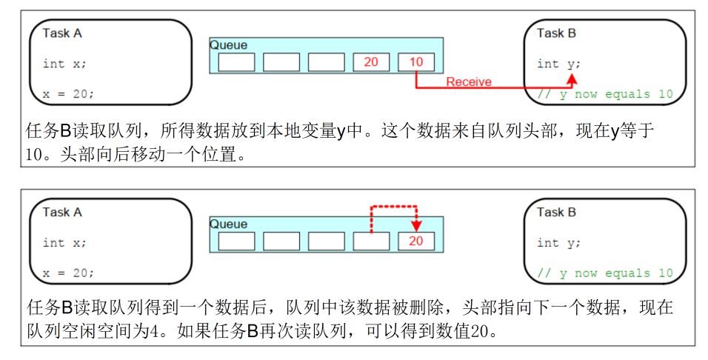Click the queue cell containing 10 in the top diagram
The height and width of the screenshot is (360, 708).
point(415,62)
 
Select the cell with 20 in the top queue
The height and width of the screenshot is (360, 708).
point(371,62)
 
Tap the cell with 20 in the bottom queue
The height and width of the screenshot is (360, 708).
point(415,241)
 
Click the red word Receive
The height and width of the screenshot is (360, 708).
point(468,81)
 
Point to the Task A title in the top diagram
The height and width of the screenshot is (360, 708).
point(61,33)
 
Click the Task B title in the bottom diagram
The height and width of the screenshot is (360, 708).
point(556,212)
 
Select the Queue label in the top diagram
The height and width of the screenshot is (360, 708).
point(229,45)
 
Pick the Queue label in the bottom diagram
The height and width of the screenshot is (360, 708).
point(229,224)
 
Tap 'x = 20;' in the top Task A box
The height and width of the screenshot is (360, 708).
point(68,94)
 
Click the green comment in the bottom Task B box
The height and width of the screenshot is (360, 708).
point(605,273)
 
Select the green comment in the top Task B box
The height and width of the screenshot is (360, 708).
point(605,94)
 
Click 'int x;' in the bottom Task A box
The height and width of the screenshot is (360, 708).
point(64,243)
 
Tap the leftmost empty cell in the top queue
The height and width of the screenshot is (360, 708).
point(236,62)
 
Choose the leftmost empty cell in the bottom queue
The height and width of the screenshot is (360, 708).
point(236,241)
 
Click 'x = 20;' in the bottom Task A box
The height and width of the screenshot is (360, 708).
point(68,273)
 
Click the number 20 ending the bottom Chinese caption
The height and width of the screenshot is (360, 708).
point(481,331)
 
